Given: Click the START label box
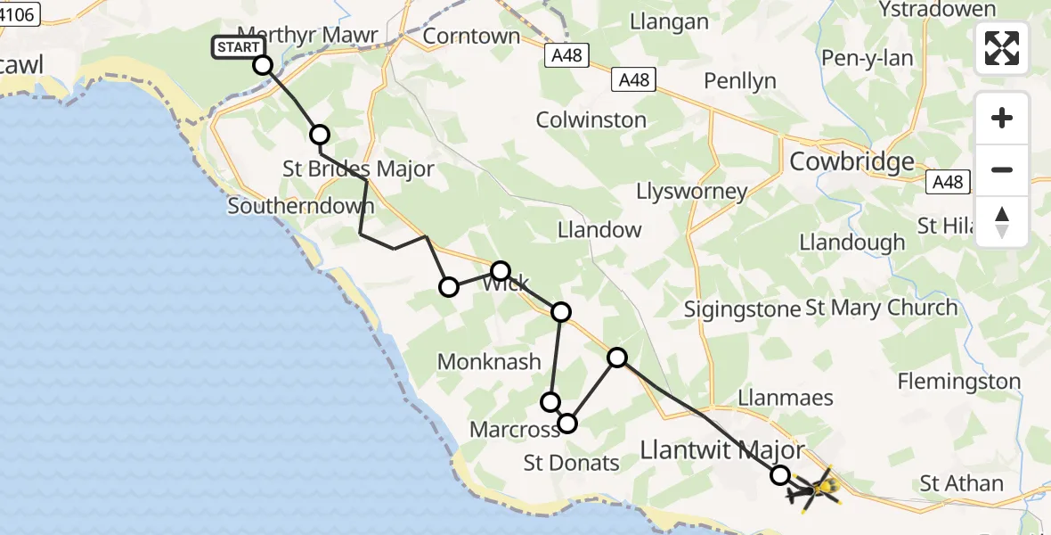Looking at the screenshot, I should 238,47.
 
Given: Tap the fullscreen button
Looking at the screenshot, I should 1002,48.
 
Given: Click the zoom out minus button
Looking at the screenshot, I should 1002,169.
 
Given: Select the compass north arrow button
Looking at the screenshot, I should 1002,222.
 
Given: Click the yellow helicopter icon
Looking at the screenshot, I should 816,489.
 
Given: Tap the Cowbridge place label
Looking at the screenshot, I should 852,161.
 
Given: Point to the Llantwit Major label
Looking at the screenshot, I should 722,450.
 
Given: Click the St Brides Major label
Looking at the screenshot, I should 358,169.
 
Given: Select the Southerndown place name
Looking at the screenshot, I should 300,206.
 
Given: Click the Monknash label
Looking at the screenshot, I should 489,361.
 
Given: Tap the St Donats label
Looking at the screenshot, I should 571,463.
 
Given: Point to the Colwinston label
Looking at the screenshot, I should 591,119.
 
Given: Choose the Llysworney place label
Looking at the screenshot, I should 691,191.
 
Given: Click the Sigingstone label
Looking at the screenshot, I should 742,309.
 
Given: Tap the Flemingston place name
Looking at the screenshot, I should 958,382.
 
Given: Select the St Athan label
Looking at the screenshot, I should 961,484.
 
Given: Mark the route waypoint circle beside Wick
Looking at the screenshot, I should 501,271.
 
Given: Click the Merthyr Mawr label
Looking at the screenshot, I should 307,36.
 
